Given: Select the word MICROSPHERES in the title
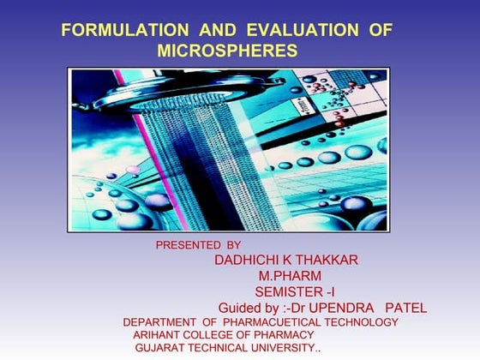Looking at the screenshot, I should (227, 51).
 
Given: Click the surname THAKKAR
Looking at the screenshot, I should (325, 260).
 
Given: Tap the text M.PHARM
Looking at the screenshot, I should (290, 276).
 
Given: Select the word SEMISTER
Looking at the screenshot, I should (284, 292).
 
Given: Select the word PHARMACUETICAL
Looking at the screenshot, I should (274, 322).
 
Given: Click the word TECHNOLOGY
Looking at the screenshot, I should (361, 322).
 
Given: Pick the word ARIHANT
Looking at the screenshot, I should (158, 335).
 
